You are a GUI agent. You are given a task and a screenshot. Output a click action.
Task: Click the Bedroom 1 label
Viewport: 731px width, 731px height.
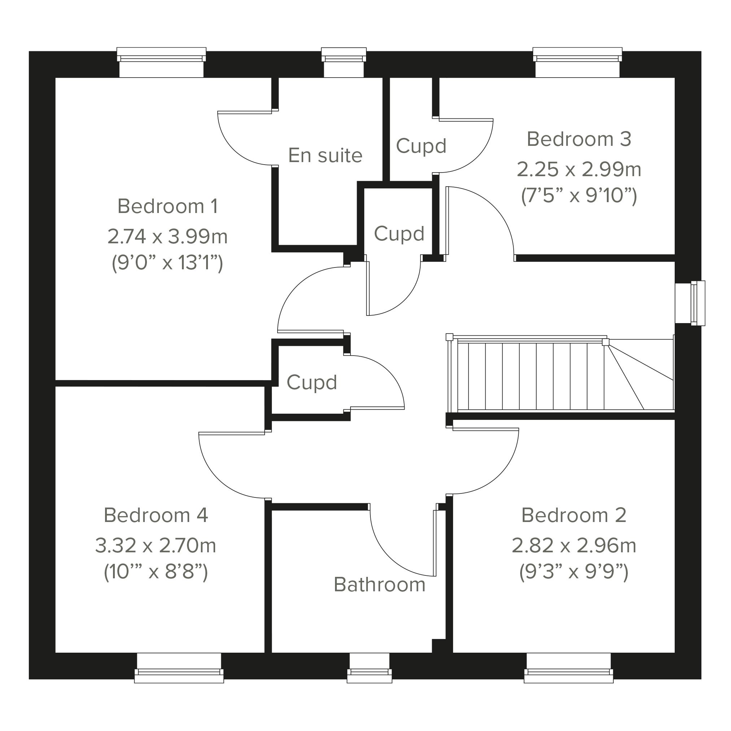167,206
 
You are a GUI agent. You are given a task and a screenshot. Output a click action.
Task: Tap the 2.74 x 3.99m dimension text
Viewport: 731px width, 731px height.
167,236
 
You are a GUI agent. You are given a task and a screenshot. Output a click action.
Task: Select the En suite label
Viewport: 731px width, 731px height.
325,156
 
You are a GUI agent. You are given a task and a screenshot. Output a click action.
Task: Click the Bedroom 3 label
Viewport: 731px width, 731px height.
579,139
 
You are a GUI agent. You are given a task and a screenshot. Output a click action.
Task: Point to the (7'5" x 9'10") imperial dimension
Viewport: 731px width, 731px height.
579,196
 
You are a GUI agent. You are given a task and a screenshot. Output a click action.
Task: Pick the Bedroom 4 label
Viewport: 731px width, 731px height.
156,515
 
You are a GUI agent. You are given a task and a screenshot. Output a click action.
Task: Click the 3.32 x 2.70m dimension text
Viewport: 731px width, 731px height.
156,545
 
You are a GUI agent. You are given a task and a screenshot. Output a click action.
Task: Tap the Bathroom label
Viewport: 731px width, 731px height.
379,584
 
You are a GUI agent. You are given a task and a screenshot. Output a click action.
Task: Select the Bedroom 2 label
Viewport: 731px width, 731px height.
574,515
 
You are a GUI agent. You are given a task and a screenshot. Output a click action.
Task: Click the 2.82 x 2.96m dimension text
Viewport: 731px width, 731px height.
574,545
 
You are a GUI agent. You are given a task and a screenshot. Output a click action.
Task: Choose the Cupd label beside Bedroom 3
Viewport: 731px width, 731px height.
421,146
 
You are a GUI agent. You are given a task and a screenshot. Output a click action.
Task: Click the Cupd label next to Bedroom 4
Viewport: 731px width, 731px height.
312,383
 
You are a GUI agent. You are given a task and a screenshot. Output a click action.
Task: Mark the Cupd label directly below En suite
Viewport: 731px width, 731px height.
399,234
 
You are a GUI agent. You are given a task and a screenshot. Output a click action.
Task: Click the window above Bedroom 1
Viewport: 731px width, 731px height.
162,62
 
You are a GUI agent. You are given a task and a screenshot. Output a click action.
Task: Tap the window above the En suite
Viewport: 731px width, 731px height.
344,62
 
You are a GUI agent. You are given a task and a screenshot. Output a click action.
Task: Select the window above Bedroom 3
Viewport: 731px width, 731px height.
577,62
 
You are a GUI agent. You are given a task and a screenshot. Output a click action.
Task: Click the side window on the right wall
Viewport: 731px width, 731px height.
690,303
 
